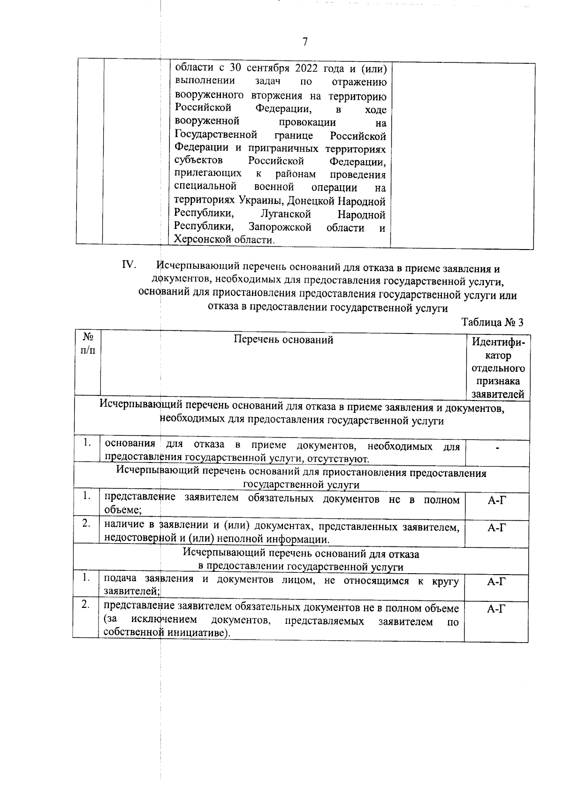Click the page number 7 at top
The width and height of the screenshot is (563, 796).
pos(305,42)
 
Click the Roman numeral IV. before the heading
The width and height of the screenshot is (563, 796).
pos(129,265)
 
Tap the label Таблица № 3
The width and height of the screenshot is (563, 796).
pos(492,322)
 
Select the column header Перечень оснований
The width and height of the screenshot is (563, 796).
pos(283,340)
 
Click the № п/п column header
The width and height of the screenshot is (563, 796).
pos(88,344)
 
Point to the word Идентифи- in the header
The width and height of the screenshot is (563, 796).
pos(498,342)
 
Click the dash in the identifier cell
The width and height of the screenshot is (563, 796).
pos(497,448)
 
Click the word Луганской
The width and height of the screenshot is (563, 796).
pos(286,214)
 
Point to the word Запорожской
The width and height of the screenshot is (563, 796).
pos(280,227)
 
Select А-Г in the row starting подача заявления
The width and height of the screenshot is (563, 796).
pos(497,582)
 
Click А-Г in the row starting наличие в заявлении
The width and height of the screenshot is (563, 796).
pos(497,528)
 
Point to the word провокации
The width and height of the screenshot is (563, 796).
pos(307,122)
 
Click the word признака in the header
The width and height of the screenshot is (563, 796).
pos(498,381)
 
